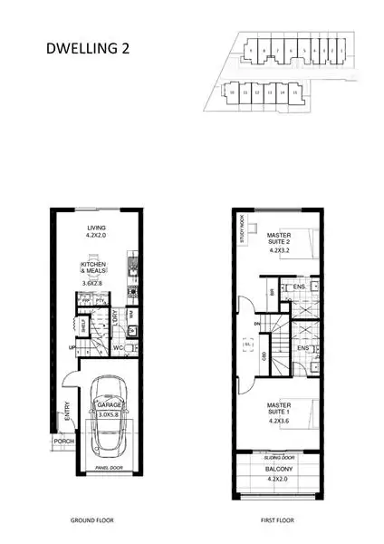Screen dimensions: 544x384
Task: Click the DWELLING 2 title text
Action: point(86,51)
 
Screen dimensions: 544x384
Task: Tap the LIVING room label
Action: point(97,228)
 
